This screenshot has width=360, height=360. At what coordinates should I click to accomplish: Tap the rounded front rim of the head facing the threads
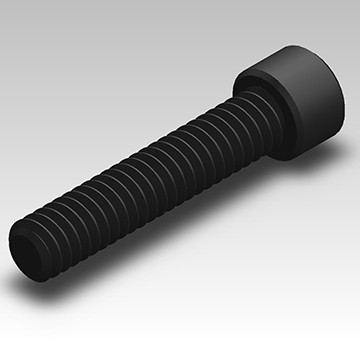click(x=256, y=80)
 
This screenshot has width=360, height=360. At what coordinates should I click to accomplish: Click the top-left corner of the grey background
click(x=3, y=3)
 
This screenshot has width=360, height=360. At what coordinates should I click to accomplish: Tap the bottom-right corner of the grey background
click(x=356, y=356)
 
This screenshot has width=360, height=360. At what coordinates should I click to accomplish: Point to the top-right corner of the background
click(x=356, y=3)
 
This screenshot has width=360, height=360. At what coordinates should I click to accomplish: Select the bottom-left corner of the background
click(x=3, y=356)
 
